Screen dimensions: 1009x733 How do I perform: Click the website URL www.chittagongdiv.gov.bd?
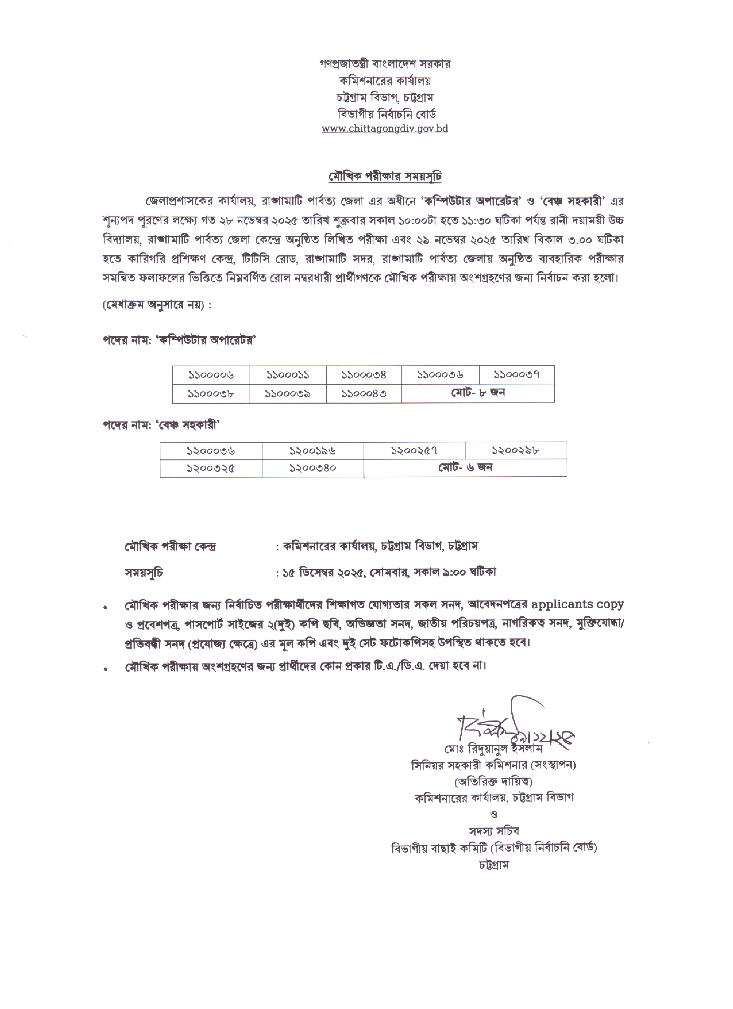(384, 129)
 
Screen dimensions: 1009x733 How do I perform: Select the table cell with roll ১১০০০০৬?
(211, 375)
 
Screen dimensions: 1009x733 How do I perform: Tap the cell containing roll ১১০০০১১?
(288, 375)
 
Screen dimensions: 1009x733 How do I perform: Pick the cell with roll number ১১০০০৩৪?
(364, 375)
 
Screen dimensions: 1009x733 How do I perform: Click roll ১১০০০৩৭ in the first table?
(517, 375)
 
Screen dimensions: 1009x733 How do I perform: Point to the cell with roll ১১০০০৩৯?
(288, 394)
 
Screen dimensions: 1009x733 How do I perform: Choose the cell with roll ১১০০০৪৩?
(364, 394)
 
